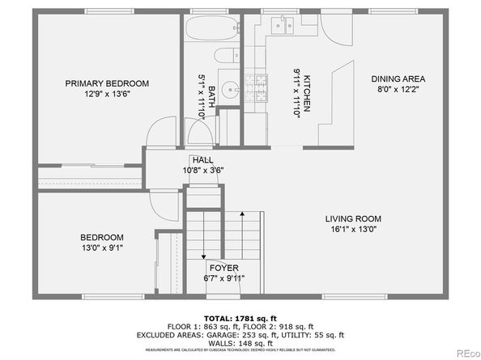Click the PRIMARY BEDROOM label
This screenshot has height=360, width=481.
(108, 83)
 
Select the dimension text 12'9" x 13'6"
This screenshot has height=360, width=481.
(108, 94)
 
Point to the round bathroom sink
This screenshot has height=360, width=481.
(228, 90)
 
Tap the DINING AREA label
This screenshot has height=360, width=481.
(398, 79)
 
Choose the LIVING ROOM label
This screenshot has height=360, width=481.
(352, 218)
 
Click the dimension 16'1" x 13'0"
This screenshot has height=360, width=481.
(352, 229)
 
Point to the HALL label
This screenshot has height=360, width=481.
(203, 159)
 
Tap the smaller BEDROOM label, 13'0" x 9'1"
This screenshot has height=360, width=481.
(101, 237)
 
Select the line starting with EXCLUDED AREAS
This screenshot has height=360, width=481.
(240, 333)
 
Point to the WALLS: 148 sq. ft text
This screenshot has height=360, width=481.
(240, 342)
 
